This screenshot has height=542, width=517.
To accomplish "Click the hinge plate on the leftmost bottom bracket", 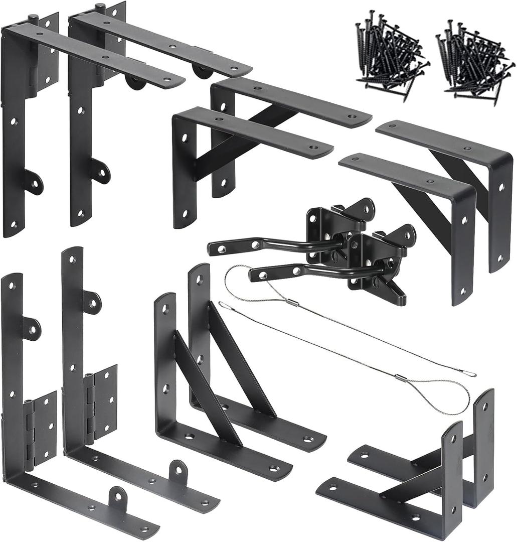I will [x=40, y=432].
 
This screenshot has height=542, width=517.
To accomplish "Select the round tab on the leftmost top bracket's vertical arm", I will [x=34, y=182].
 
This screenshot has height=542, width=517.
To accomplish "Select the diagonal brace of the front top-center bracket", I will [x=226, y=151].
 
